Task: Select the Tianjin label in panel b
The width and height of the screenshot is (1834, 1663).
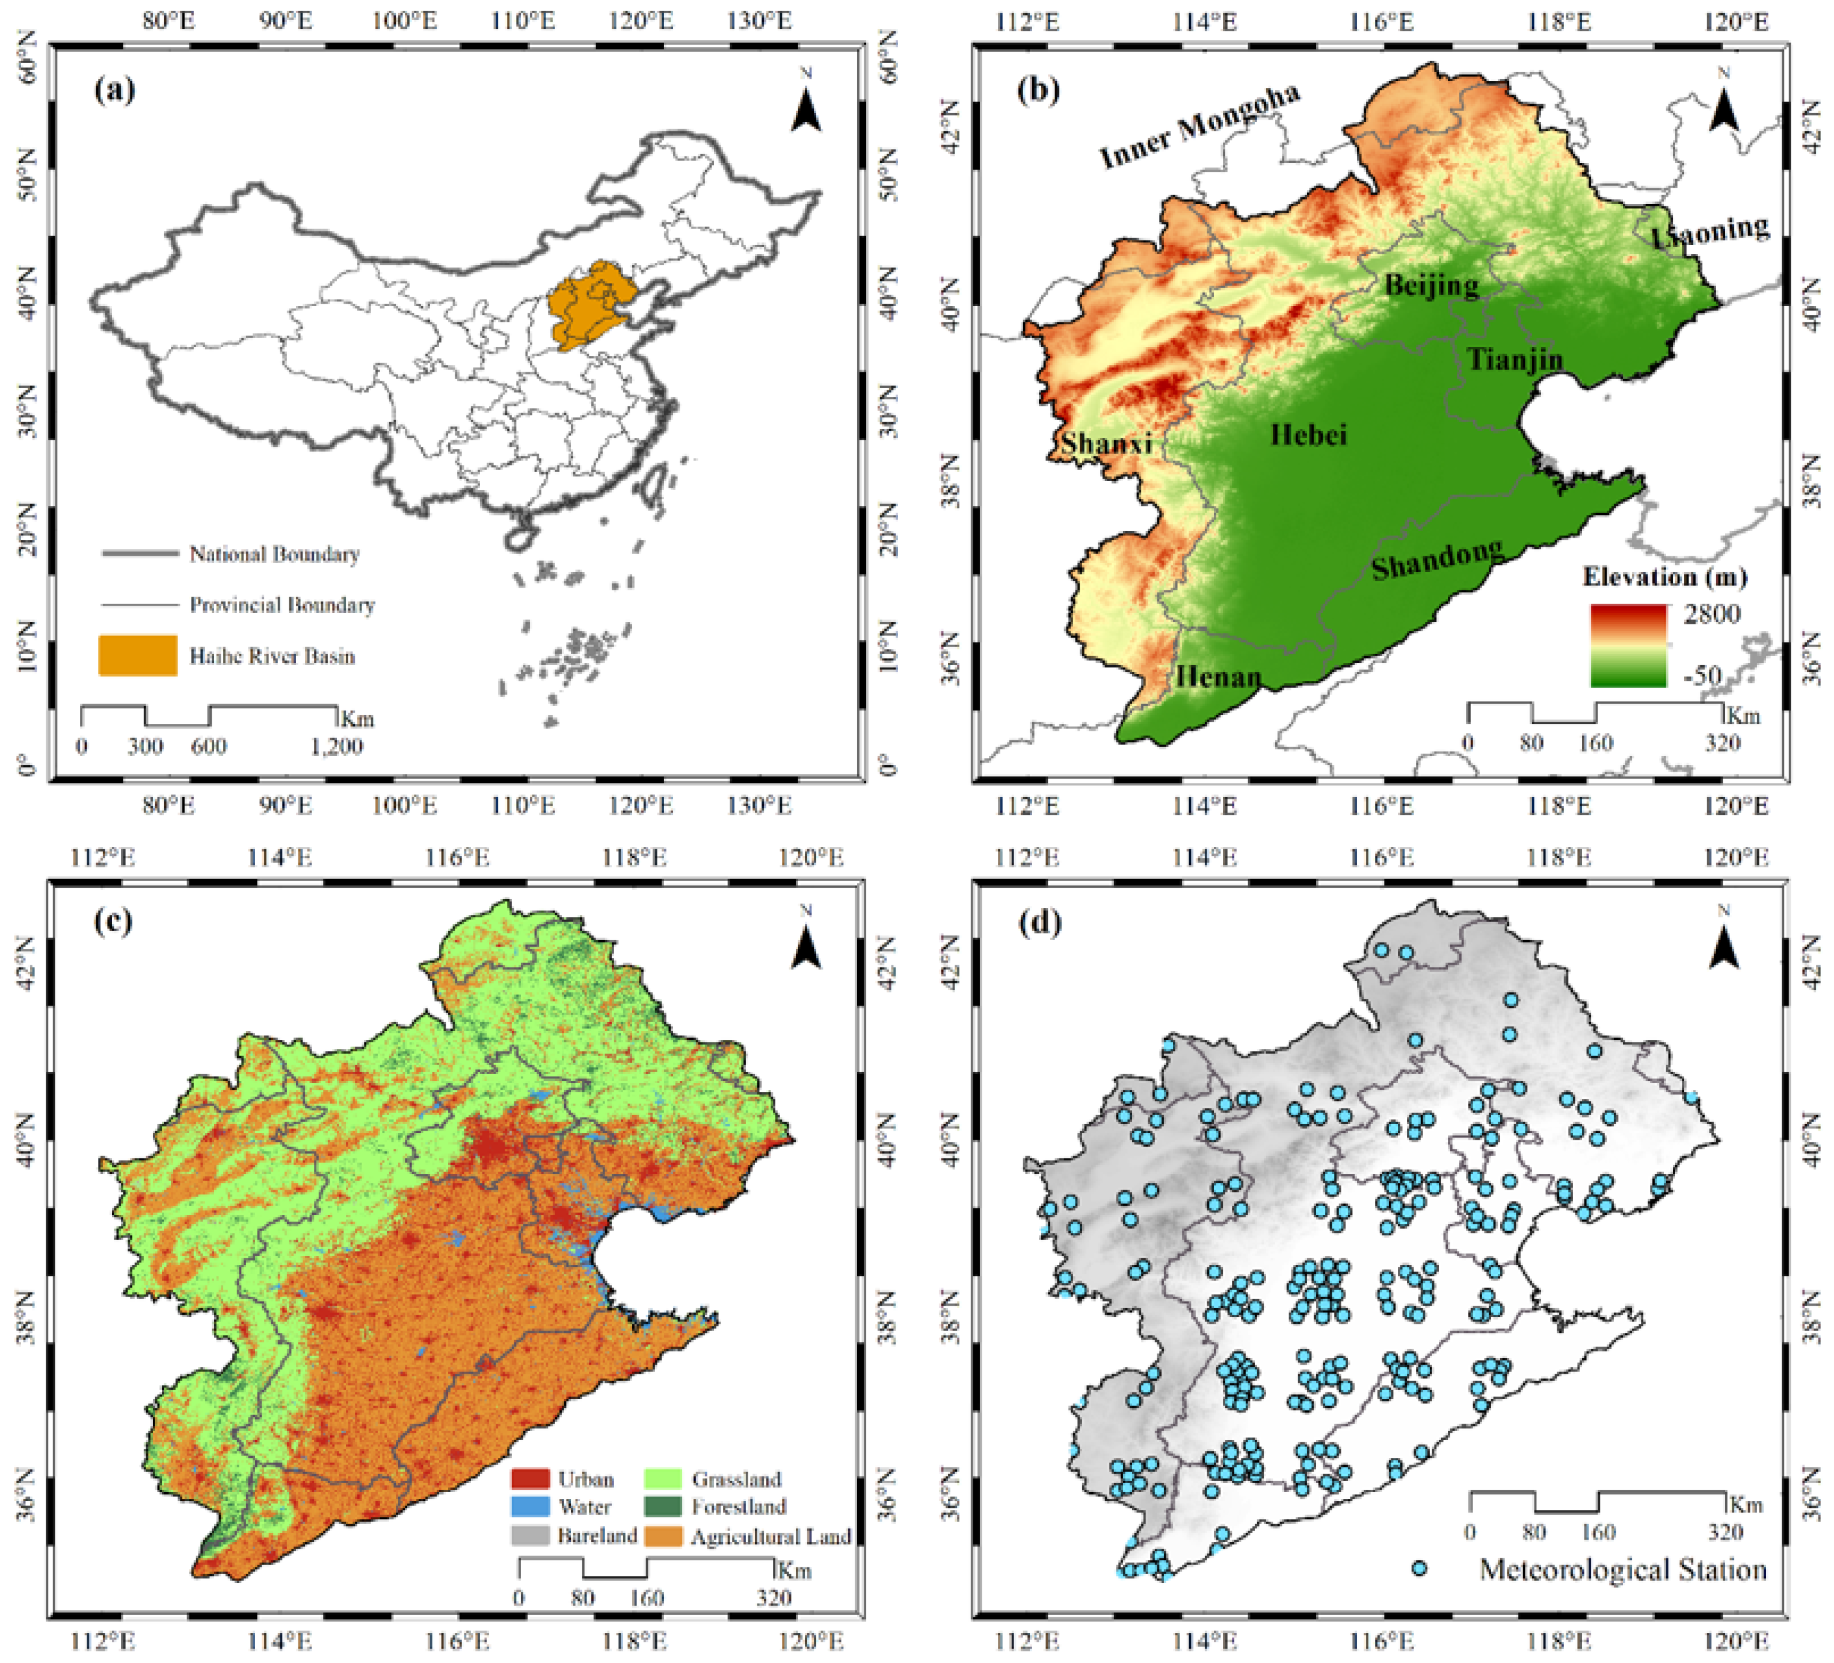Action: (1515, 360)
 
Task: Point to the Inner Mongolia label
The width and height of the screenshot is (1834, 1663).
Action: (1199, 126)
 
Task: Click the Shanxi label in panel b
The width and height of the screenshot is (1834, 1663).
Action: (1106, 443)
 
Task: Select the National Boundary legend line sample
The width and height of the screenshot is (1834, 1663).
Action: (138, 553)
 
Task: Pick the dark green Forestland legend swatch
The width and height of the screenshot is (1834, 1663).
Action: (663, 1507)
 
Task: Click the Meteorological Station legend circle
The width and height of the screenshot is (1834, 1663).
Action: (1418, 1569)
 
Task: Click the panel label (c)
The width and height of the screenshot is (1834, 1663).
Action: (114, 921)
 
